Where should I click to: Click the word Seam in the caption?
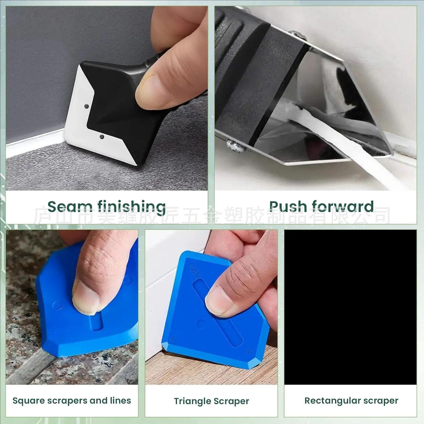pyautogui.click(x=70, y=207)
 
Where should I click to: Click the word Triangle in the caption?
pyautogui.click(x=192, y=401)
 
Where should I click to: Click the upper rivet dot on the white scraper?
pyautogui.click(x=86, y=106)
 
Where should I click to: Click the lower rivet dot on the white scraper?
pyautogui.click(x=102, y=137)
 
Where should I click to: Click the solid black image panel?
pyautogui.click(x=350, y=307)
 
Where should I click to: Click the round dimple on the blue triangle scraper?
pyautogui.click(x=201, y=323)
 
